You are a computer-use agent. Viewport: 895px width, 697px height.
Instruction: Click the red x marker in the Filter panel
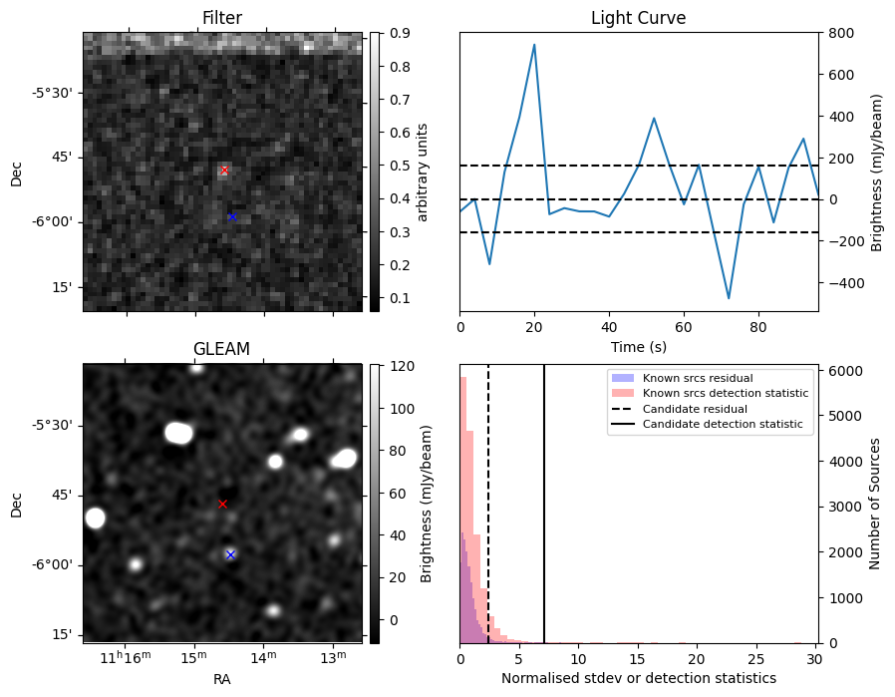point(224,171)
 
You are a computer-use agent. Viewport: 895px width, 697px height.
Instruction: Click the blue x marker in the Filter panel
point(232,216)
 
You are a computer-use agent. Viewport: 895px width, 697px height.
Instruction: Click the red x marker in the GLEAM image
point(222,504)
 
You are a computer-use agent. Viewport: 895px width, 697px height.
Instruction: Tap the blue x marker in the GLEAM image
point(230,554)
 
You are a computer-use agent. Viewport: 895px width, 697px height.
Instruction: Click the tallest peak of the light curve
point(534,45)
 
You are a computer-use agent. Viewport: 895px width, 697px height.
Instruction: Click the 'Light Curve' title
point(638,18)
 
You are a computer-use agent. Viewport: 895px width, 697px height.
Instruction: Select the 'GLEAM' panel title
point(221,348)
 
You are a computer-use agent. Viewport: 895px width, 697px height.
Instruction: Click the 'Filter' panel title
point(221,18)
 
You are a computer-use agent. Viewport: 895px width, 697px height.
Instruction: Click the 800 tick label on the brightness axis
point(839,33)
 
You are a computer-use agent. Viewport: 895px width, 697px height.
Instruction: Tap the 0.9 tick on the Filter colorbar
point(390,33)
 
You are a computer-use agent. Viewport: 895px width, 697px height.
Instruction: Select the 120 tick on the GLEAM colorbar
point(391,366)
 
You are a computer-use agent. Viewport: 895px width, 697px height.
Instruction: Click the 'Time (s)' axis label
point(638,347)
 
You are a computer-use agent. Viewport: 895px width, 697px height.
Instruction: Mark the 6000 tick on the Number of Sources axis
point(841,371)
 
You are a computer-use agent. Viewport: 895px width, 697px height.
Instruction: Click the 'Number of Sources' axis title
point(875,504)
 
